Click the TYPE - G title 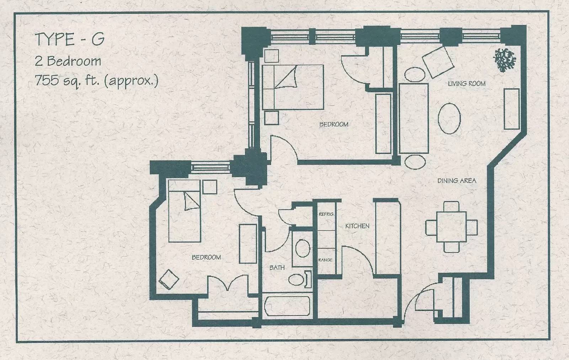pos(70,39)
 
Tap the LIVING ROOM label pos(467,84)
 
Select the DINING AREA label pos(457,181)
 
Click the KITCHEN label pos(357,226)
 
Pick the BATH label pos(277,268)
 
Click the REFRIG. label pos(326,214)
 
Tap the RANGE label pos(325,260)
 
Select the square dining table pos(452,227)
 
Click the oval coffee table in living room pos(450,118)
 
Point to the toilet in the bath pos(300,280)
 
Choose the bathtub pos(287,306)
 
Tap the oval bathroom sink pos(303,248)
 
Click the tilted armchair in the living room pos(438,62)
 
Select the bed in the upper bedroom pos(293,87)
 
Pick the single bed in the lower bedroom pos(185,211)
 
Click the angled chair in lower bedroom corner pos(169,280)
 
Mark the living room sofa pos(414,118)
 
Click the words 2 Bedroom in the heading pos(68,61)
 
